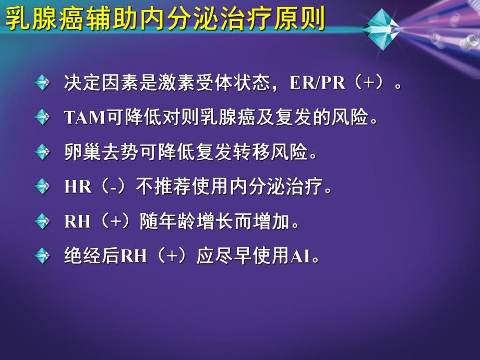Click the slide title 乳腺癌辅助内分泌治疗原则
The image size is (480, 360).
click(x=165, y=20)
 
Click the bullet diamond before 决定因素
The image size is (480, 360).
click(x=42, y=82)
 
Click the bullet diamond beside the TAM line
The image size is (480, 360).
click(x=42, y=117)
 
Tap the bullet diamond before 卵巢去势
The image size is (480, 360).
click(x=42, y=152)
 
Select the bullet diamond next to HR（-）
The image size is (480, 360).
click(x=42, y=187)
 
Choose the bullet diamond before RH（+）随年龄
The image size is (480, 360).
click(x=42, y=222)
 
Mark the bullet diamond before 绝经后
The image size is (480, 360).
click(x=42, y=257)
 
